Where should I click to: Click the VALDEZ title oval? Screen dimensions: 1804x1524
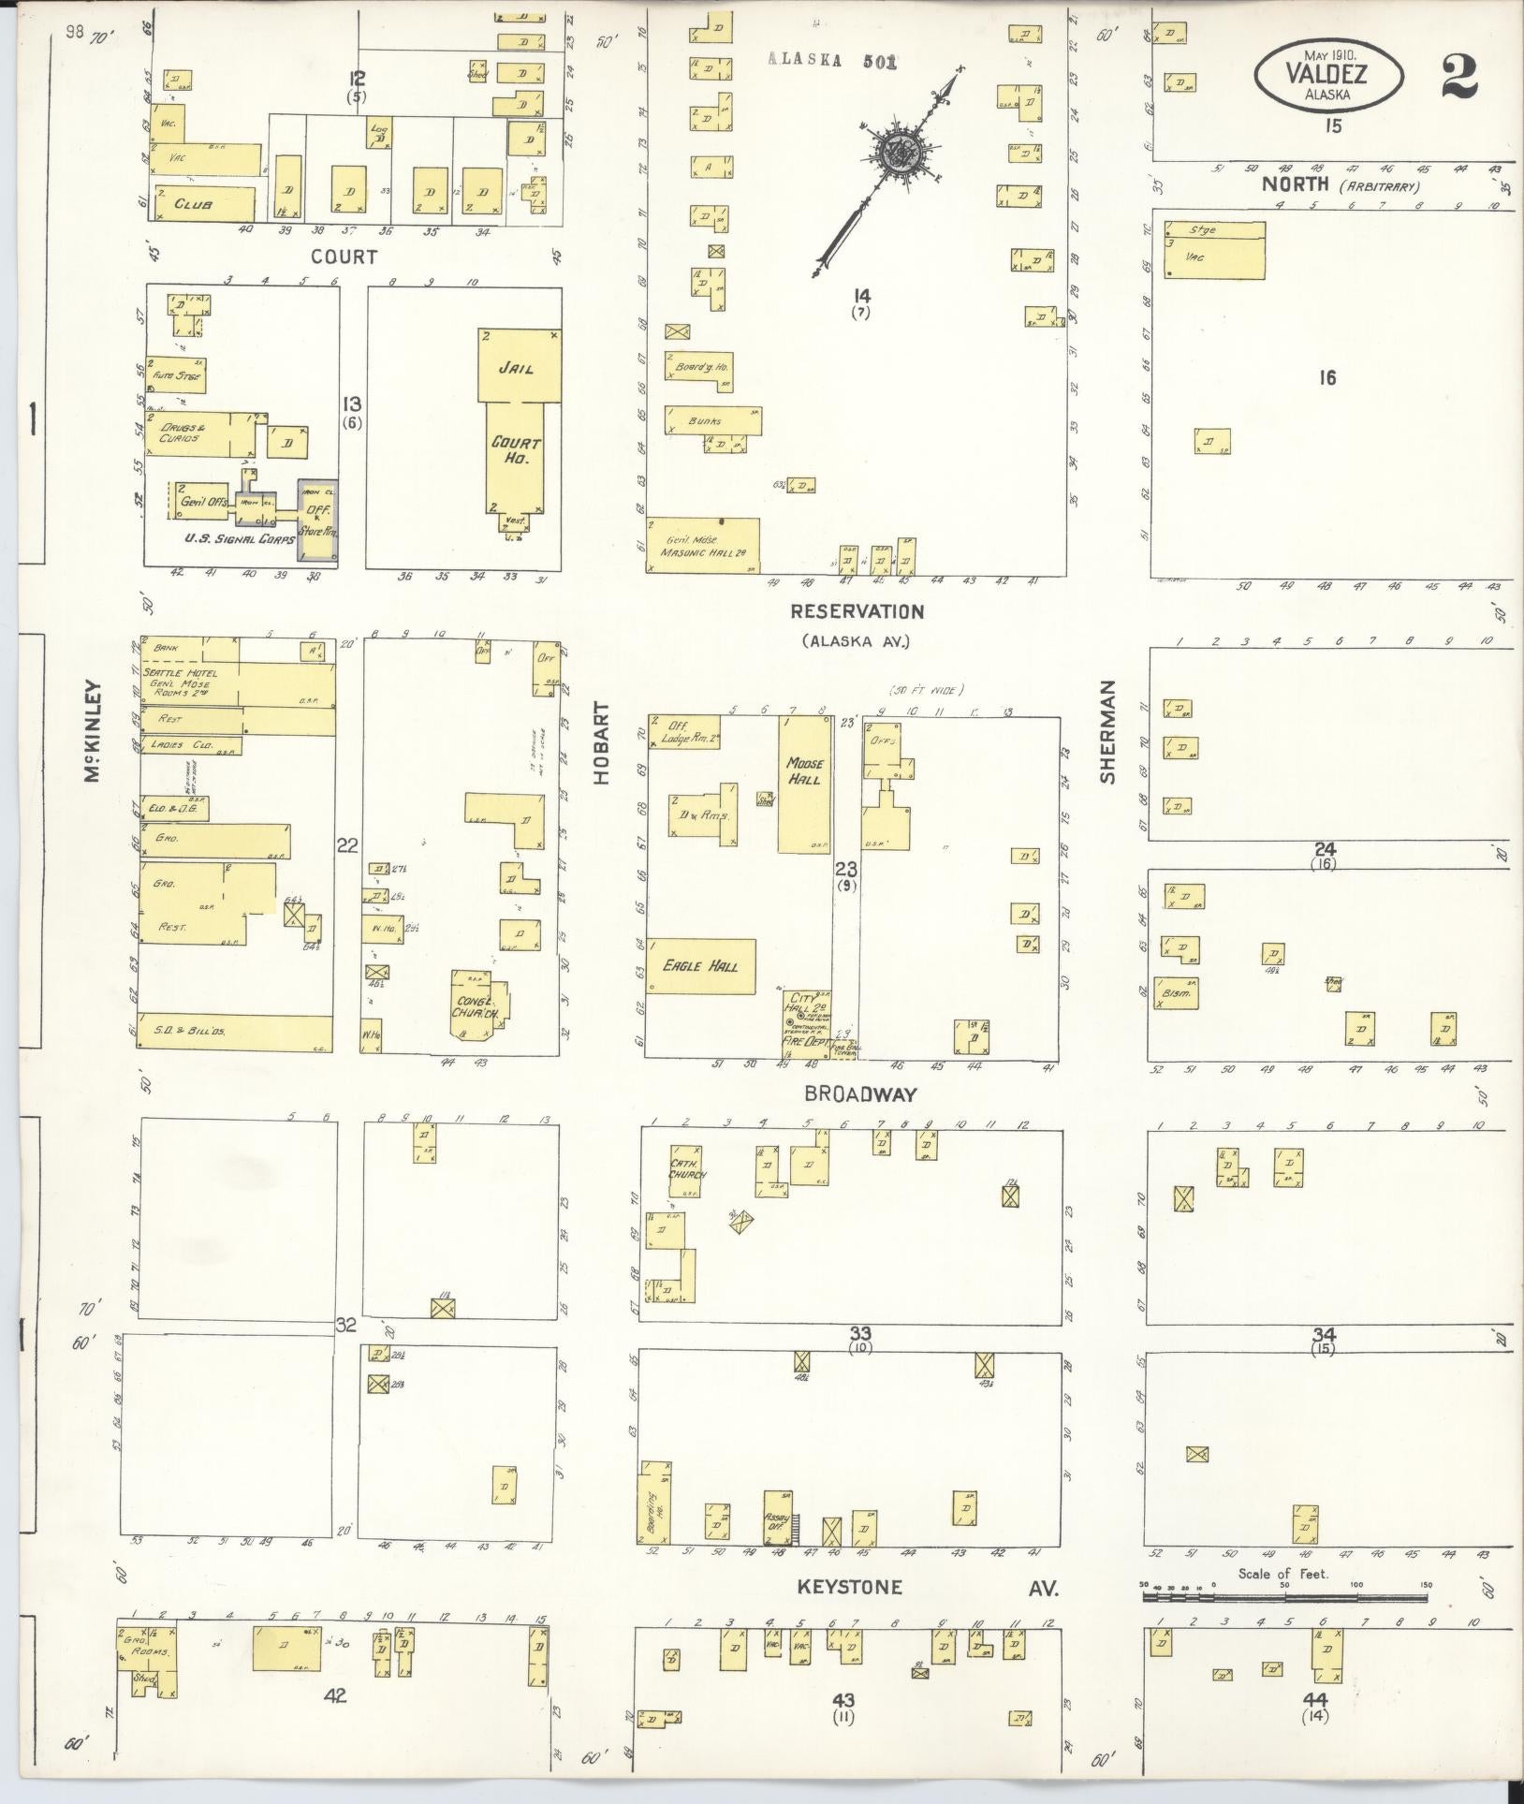(x=1330, y=74)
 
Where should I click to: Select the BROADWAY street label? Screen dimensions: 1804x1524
(x=860, y=1093)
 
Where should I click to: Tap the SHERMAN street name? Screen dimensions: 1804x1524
(x=1108, y=732)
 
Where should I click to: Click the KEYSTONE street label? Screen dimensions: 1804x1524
(x=850, y=1587)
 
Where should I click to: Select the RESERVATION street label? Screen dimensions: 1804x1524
(x=857, y=611)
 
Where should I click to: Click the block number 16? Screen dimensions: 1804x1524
(x=1326, y=378)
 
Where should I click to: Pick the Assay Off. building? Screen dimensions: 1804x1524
(x=778, y=1520)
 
